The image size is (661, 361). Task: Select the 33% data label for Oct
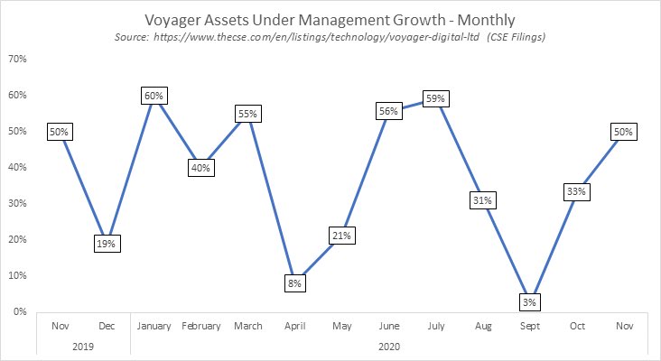coord(577,192)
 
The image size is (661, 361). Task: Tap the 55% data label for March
coord(248,114)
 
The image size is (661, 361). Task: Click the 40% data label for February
coord(200,168)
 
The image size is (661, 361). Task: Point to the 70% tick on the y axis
coord(16,59)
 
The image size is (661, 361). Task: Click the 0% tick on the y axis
coord(19,311)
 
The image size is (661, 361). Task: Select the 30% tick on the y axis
coord(16,203)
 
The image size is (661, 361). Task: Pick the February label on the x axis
coord(200,327)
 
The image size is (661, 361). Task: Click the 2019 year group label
coord(83,345)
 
